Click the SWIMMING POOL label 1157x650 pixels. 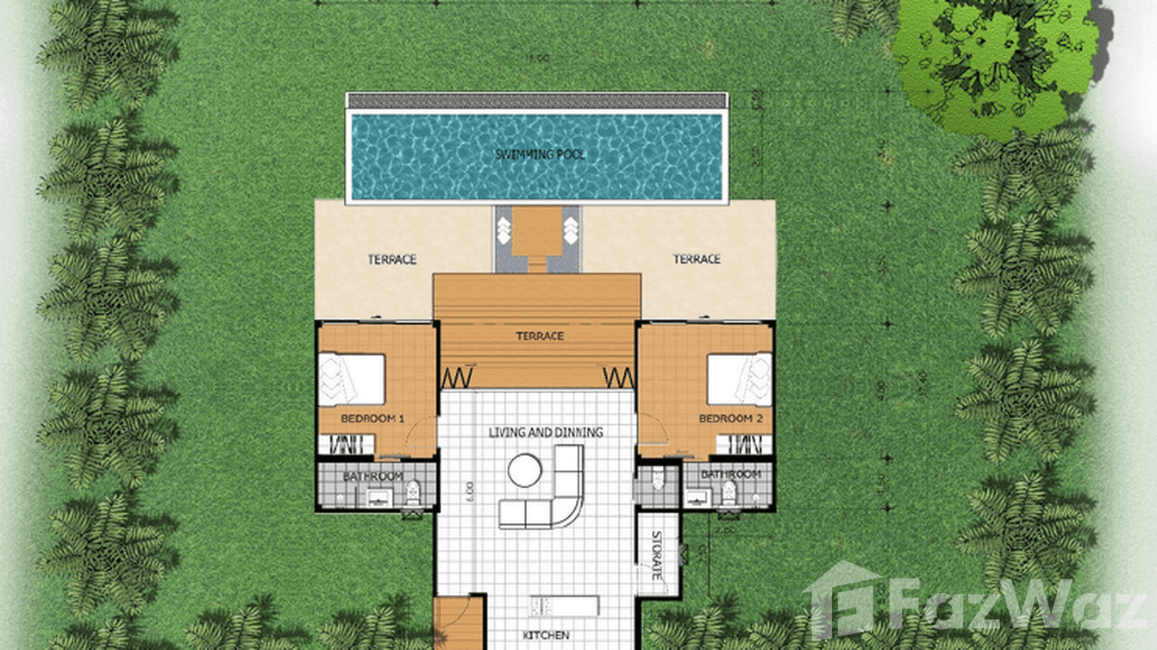(x=540, y=154)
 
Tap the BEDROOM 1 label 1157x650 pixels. (x=372, y=419)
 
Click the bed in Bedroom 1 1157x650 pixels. (x=352, y=379)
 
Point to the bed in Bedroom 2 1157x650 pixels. (x=740, y=379)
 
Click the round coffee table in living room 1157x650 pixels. (x=524, y=471)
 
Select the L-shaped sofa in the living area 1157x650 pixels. (x=552, y=500)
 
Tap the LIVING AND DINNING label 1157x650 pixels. (x=545, y=432)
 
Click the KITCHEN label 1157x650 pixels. (x=546, y=636)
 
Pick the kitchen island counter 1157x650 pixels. (x=564, y=604)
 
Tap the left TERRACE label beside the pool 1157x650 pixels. (x=392, y=259)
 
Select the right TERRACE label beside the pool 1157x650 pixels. (x=697, y=259)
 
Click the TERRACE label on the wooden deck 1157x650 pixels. (x=540, y=336)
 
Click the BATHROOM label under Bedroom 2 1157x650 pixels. (x=730, y=475)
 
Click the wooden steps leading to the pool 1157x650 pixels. (x=536, y=237)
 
